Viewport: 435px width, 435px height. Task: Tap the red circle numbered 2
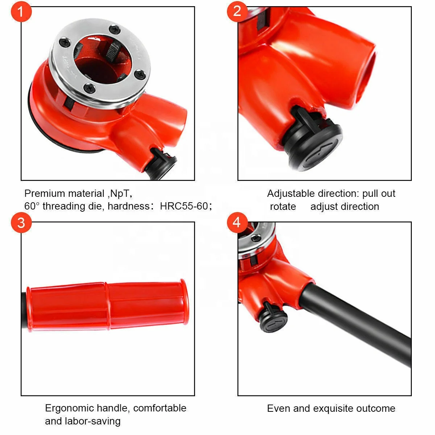[x=237, y=11]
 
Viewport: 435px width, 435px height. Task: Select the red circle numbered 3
[x=21, y=222]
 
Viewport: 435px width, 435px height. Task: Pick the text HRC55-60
[x=184, y=206]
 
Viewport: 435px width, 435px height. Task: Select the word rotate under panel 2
[x=283, y=207]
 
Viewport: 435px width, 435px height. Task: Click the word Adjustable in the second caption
[x=291, y=194]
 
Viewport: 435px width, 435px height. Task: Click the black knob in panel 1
[x=164, y=162]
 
